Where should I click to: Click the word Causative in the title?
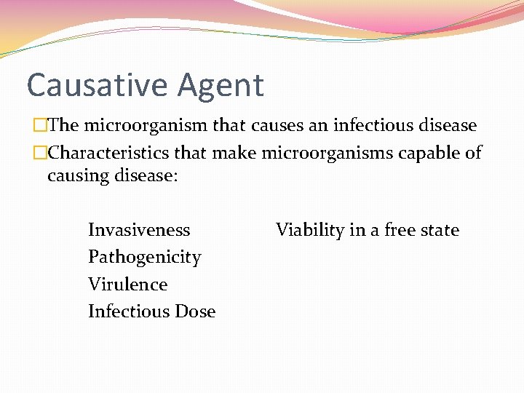pyautogui.click(x=92, y=85)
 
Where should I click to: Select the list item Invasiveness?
pyautogui.click(x=139, y=230)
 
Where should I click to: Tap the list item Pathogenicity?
pyautogui.click(x=144, y=258)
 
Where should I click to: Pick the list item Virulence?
pyautogui.click(x=127, y=284)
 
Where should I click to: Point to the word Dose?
pyautogui.click(x=194, y=311)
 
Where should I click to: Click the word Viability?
pyautogui.click(x=310, y=231)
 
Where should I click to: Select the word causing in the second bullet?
pyautogui.click(x=77, y=177)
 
